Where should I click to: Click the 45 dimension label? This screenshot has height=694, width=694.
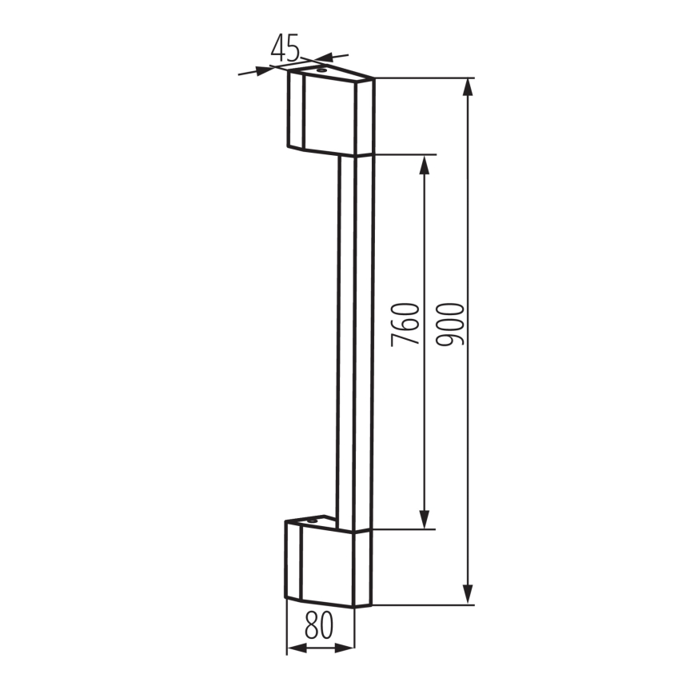click(285, 49)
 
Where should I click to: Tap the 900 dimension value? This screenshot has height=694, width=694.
click(452, 324)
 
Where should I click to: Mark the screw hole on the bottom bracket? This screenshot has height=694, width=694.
click(312, 521)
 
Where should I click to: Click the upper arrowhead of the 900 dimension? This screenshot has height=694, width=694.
click(468, 86)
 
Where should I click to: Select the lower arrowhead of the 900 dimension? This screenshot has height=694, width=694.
click(468, 596)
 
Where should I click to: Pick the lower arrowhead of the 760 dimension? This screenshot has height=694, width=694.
click(424, 520)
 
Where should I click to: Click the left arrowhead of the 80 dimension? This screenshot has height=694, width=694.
click(293, 648)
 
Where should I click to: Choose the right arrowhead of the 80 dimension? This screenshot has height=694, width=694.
click(347, 648)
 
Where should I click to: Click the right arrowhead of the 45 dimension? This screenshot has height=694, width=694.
click(322, 58)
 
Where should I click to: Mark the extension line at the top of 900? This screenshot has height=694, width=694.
click(424, 78)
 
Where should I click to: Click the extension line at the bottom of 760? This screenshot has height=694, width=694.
click(404, 528)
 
